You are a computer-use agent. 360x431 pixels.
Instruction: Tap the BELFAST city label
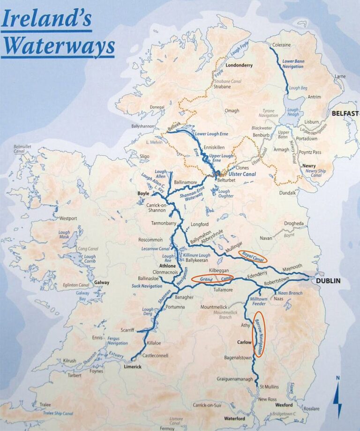345,113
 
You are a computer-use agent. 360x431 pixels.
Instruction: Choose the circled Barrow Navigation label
259,337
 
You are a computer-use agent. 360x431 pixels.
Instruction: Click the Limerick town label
132,367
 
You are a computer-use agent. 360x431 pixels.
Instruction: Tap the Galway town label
101,282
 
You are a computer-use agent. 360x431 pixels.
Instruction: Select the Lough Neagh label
293,113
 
